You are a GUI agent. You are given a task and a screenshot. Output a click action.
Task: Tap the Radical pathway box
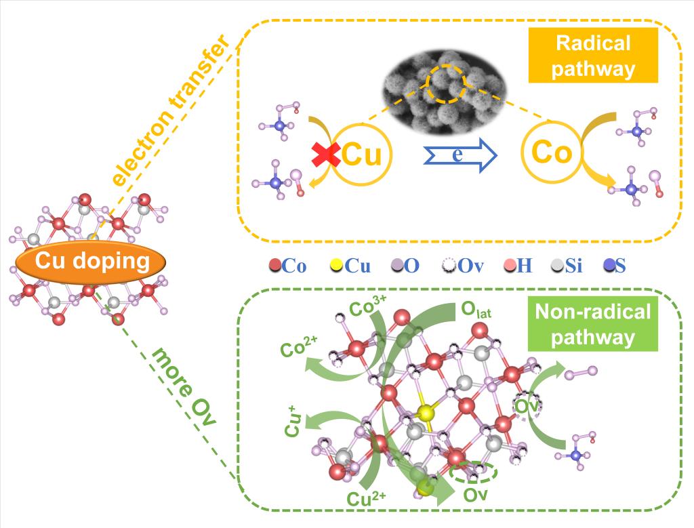[593, 57]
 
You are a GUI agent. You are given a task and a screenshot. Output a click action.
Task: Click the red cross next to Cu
[326, 154]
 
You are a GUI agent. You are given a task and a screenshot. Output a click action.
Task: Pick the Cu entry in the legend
[350, 266]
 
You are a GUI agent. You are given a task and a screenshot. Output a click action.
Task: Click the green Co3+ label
[369, 309]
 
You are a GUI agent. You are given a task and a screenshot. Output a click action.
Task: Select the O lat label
[477, 311]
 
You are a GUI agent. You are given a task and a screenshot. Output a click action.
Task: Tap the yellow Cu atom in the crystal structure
[426, 413]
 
